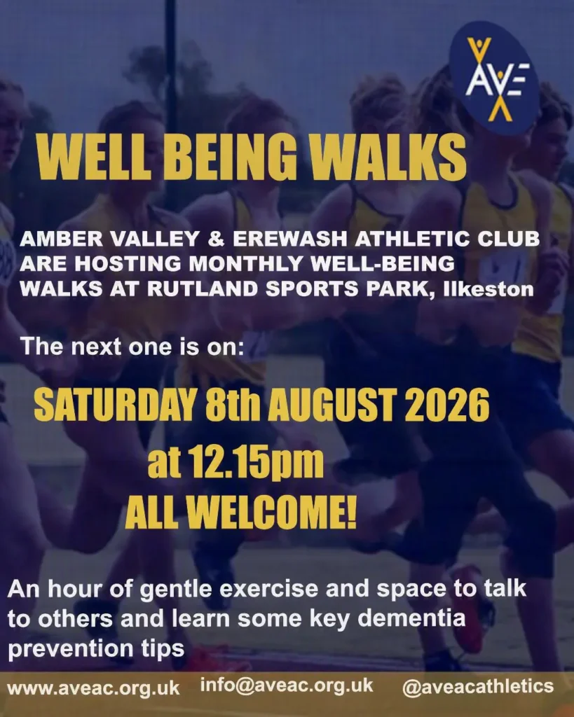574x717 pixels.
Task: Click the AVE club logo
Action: coord(494,78)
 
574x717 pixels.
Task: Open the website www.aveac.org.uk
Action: coord(94,688)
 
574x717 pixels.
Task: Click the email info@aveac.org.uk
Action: coord(287,685)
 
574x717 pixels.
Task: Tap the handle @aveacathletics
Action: coord(478,687)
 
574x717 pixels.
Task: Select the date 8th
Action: coord(233,405)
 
